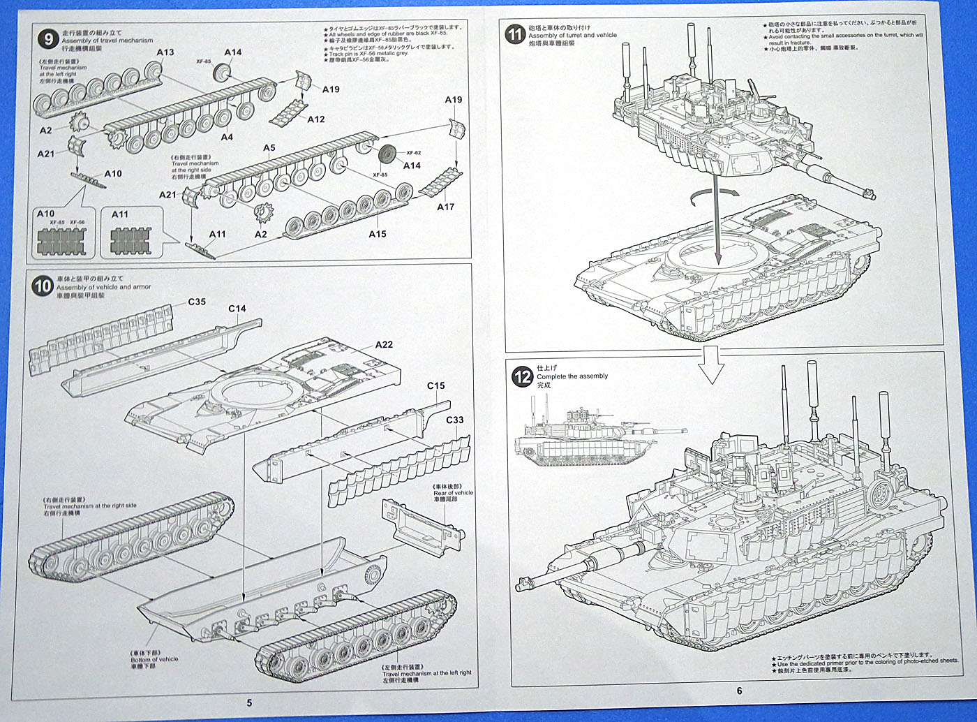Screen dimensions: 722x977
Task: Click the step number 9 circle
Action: click(48, 39)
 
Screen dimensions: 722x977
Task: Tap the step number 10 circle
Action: click(43, 286)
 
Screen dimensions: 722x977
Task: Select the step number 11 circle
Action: click(515, 34)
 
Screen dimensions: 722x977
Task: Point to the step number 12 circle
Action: click(523, 377)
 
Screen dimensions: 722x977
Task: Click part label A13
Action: click(165, 52)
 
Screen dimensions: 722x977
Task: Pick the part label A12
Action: click(316, 119)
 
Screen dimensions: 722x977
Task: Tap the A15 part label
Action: click(378, 234)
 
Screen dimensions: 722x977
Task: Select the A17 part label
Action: click(445, 207)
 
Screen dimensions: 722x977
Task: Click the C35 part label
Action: click(197, 302)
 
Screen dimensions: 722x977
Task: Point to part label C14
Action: click(237, 309)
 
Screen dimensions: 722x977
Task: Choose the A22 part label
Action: click(384, 345)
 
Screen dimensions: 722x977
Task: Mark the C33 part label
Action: click(454, 420)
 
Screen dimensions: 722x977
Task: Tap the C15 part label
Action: click(436, 385)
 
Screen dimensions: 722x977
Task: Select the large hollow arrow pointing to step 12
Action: click(711, 364)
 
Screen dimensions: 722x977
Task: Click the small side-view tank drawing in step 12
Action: click(579, 436)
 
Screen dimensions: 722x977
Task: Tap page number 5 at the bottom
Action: click(249, 702)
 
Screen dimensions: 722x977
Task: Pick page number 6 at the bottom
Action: click(740, 691)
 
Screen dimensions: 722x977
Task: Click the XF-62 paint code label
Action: click(414, 152)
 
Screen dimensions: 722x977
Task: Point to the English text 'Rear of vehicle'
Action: click(453, 492)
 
